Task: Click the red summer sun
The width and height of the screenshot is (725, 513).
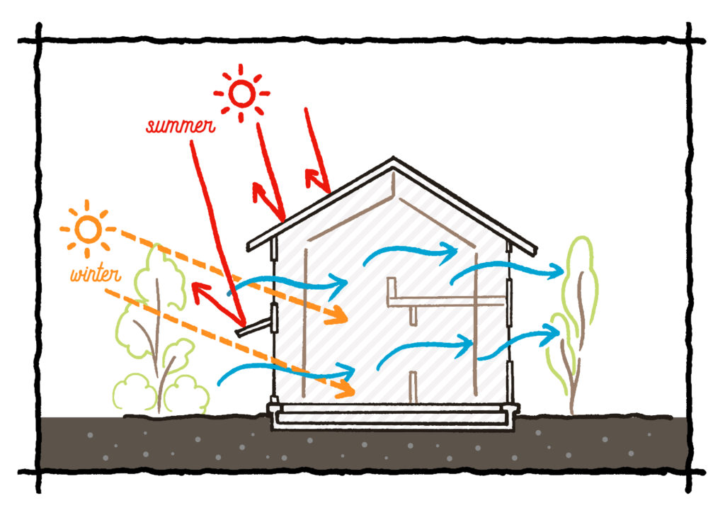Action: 241,93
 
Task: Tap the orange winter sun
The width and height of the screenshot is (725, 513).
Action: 88,229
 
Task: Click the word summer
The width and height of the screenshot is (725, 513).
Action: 181,125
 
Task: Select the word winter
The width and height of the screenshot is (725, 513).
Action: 96,274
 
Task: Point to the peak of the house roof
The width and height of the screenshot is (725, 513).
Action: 393,158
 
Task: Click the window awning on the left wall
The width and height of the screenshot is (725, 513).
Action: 254,326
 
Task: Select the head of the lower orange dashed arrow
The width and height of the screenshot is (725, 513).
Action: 346,390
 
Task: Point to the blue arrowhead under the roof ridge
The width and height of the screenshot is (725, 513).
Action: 448,252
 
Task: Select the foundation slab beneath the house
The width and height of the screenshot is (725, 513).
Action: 393,417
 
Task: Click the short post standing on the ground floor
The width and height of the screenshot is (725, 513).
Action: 413,387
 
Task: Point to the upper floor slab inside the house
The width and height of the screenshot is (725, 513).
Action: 447,301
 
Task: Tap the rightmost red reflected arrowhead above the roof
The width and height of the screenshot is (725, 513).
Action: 314,178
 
